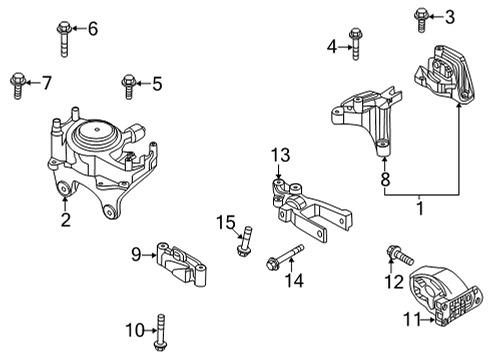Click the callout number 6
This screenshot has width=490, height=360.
pos(93,29)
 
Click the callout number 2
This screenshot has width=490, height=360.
pos(66,221)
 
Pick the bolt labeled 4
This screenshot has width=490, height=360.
pos(354,42)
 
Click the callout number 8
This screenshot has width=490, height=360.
pos(384,181)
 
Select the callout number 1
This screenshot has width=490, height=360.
pos(419,208)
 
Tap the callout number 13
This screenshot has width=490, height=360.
pos(282,154)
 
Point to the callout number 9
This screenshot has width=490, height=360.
pos(134,255)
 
